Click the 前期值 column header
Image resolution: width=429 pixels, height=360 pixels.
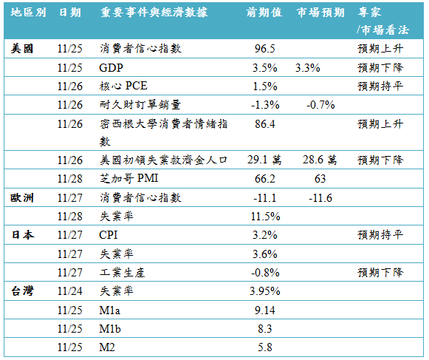[x=264, y=13]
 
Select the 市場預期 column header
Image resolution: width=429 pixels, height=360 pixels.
[x=320, y=13]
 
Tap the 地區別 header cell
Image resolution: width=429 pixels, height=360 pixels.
[x=28, y=13]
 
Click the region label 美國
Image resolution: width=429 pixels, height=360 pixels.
[x=22, y=49]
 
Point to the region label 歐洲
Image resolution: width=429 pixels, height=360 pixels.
[x=22, y=198]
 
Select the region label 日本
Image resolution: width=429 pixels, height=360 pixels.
[x=22, y=235]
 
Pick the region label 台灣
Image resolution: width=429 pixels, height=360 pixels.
[x=22, y=291]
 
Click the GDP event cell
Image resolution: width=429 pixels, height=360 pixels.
[x=111, y=68]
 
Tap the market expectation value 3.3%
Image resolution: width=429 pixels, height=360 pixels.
[x=307, y=68]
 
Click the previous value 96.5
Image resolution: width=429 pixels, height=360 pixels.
[x=265, y=49]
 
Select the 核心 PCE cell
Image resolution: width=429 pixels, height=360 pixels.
[x=123, y=86]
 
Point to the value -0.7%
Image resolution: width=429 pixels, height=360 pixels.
[x=320, y=105]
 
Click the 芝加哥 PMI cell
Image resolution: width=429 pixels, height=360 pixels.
[x=129, y=179]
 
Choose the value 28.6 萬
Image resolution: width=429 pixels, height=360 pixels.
[x=320, y=160]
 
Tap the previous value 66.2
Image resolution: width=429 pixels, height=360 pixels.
[x=265, y=179]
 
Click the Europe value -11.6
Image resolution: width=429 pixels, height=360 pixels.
[x=320, y=198]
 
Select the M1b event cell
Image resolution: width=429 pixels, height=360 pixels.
[x=110, y=329]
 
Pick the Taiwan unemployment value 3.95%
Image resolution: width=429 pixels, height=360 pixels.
[x=265, y=291]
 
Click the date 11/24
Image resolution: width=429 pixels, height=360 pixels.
[x=69, y=291]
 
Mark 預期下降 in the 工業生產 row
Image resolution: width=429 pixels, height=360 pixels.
[x=380, y=273]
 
